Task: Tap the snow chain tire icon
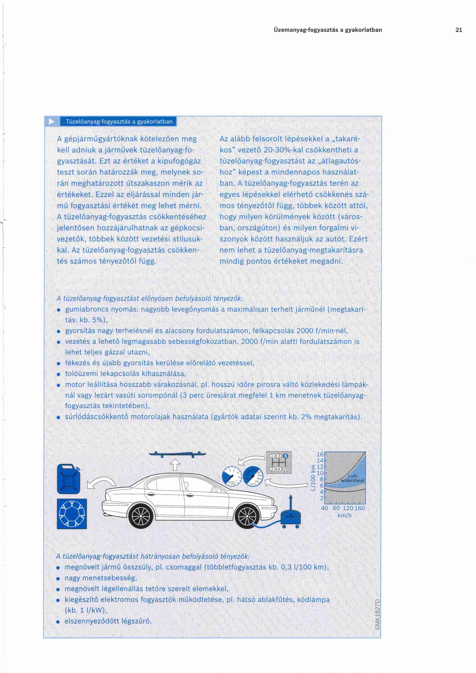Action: pyautogui.click(x=72, y=514)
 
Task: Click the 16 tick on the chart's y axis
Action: pyautogui.click(x=320, y=454)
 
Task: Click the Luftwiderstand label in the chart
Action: pyautogui.click(x=352, y=478)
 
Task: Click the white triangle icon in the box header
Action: pyautogui.click(x=52, y=121)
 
